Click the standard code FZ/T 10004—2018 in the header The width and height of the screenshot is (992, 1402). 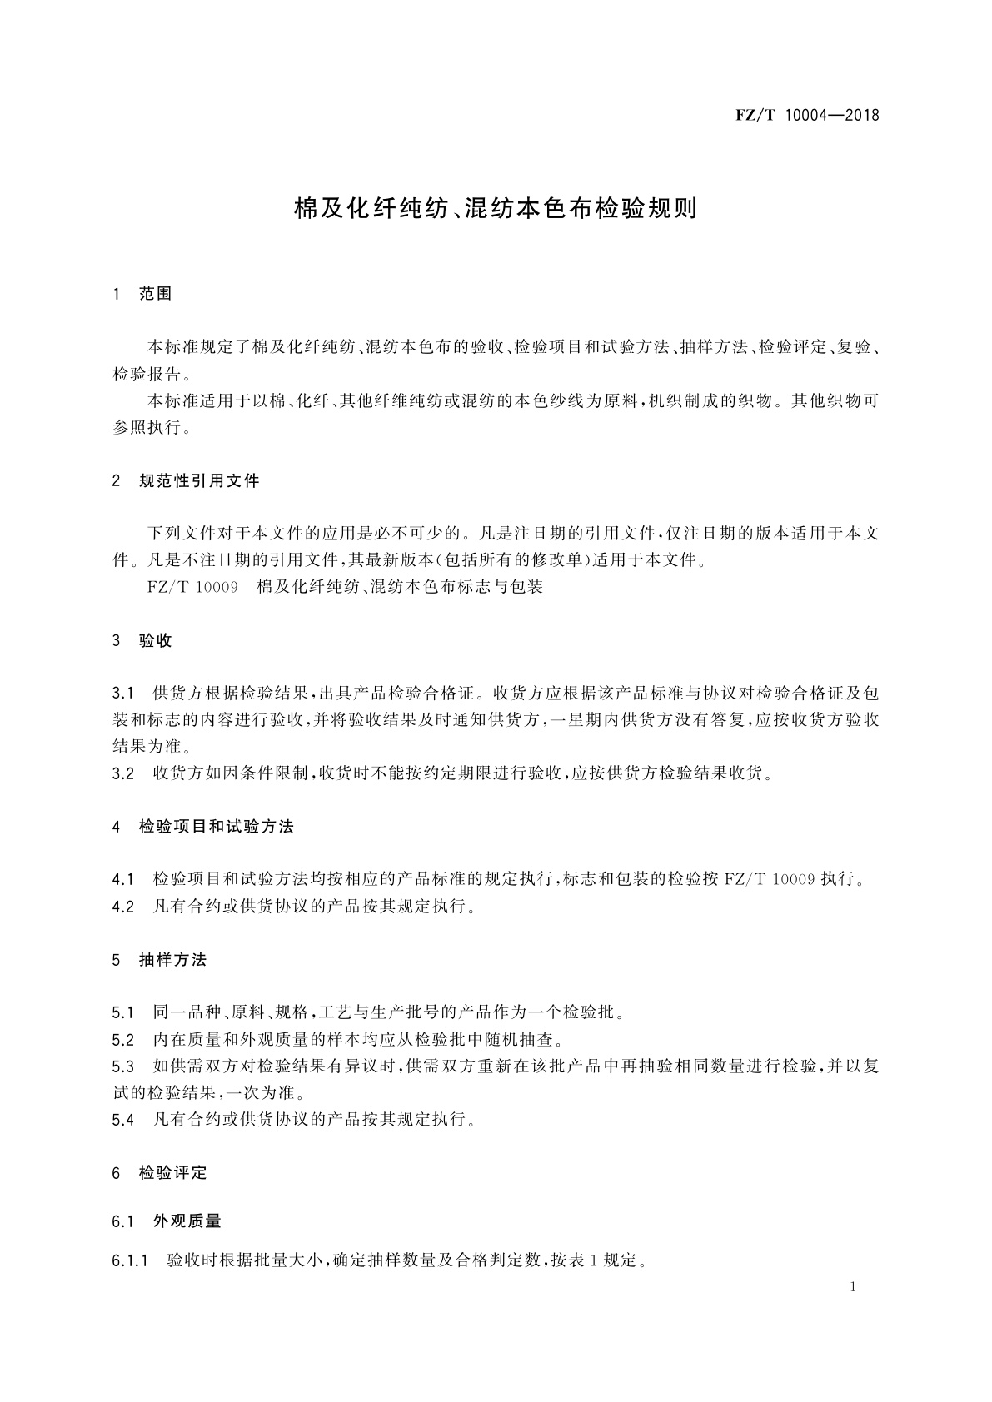807,115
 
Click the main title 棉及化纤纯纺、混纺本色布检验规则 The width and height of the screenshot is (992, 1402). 496,208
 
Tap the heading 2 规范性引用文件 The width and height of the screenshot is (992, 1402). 186,480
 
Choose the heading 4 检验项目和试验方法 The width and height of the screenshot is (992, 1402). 202,827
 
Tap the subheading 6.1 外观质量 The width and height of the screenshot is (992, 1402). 167,1221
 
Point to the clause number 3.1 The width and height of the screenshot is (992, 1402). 123,694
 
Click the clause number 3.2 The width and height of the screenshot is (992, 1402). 123,773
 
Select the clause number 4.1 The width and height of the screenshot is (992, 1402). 123,879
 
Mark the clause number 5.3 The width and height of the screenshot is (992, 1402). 123,1066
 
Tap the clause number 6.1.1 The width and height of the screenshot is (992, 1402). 130,1261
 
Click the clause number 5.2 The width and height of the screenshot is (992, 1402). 123,1040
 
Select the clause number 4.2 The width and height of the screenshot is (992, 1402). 123,907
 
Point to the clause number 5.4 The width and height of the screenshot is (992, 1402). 123,1120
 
